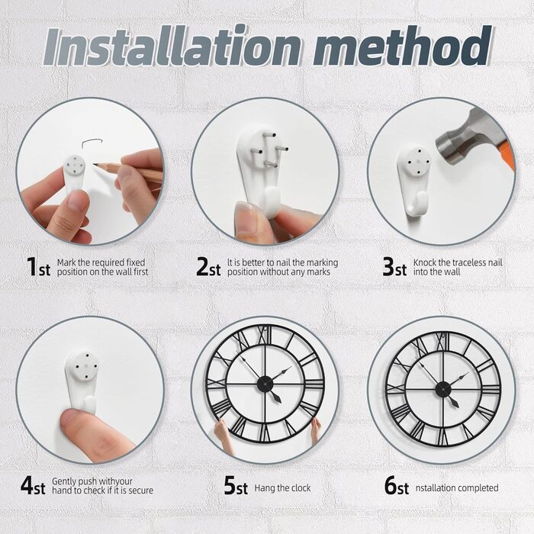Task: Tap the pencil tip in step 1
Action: pyautogui.click(x=95, y=165)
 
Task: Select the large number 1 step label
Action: pyautogui.click(x=32, y=266)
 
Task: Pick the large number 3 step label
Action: pyautogui.click(x=388, y=266)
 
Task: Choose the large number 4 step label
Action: pyautogui.click(x=27, y=485)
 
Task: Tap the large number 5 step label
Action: pyautogui.click(x=230, y=485)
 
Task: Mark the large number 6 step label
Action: pyautogui.click(x=391, y=485)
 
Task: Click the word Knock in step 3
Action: pyautogui.click(x=425, y=262)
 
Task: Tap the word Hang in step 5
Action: pyautogui.click(x=265, y=488)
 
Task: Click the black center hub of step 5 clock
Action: pyautogui.click(x=265, y=384)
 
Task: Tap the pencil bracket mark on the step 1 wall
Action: pyautogui.click(x=91, y=143)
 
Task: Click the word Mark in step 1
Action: pyautogui.click(x=66, y=262)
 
